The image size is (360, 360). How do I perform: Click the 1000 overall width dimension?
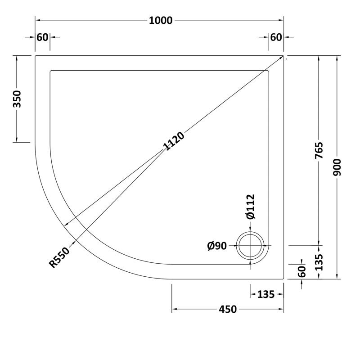coord(160,20)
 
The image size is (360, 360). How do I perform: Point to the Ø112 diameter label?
coord(251,207)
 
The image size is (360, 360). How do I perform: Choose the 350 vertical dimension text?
coord(17,99)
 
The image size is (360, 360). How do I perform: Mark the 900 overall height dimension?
coord(338,167)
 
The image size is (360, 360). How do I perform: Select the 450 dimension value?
coord(228,309)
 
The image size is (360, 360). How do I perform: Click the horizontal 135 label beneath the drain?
coord(266,295)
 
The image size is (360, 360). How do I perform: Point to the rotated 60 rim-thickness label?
coord(301,271)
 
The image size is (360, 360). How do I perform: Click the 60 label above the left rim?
coord(42,37)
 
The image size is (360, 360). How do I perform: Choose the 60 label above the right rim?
coord(276,37)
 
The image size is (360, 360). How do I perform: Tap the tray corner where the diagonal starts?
coord(284,56)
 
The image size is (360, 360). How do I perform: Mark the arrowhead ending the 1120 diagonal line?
coord(67,226)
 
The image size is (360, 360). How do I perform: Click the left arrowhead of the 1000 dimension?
coord(37,20)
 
